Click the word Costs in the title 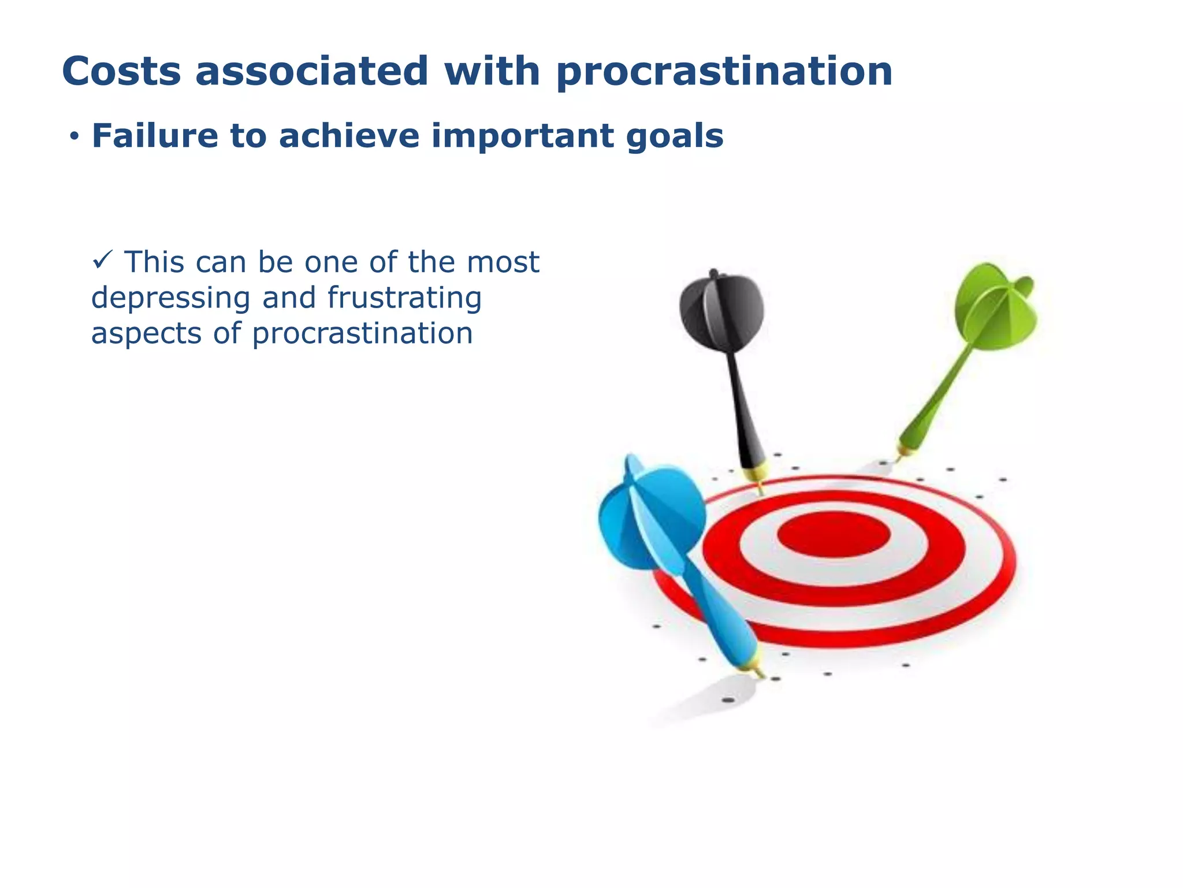121,72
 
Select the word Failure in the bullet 154,136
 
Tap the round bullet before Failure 73,138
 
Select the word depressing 170,299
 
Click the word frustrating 404,299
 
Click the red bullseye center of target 833,534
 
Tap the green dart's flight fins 995,306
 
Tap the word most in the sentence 503,262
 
